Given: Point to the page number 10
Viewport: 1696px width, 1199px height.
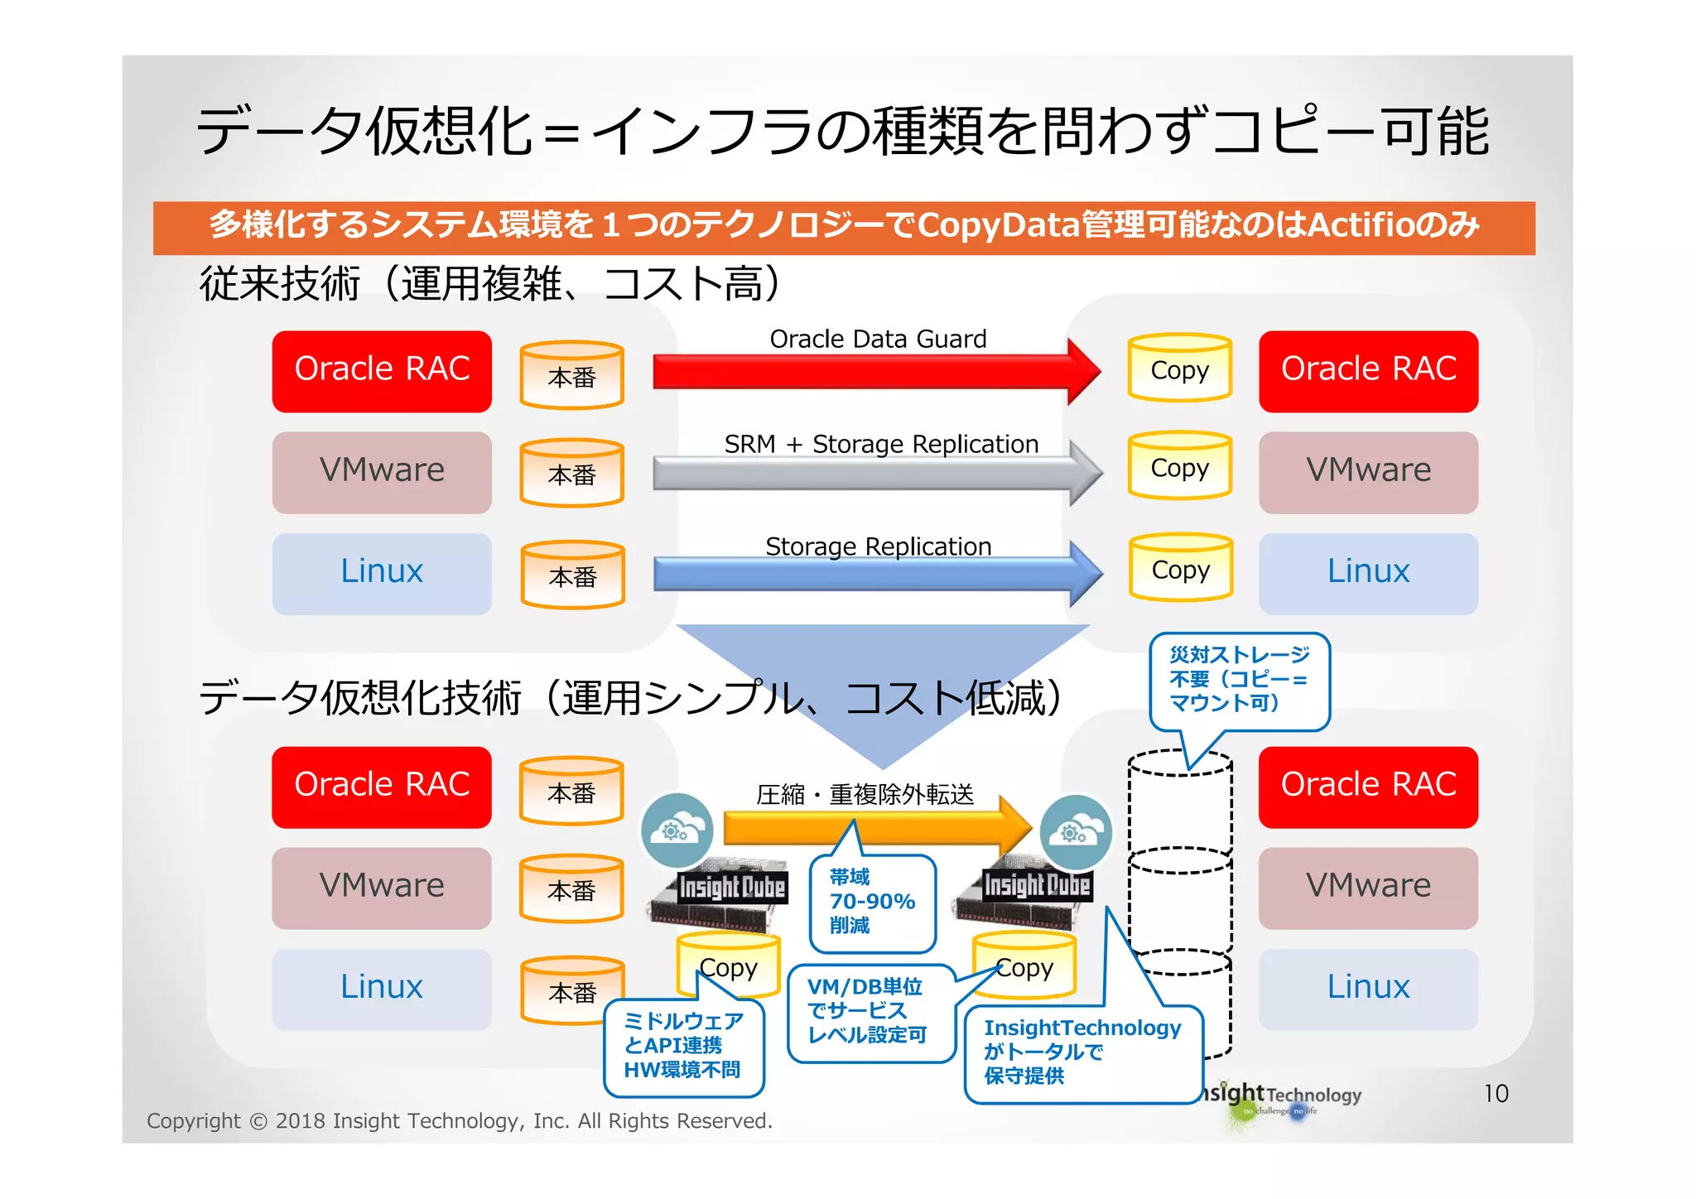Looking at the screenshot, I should click(1496, 1094).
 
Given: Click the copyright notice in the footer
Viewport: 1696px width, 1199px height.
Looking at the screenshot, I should click(460, 1121).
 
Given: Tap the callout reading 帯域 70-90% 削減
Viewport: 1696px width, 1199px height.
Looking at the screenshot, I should click(872, 903).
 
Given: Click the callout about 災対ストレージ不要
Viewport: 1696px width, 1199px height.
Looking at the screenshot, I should click(1239, 680).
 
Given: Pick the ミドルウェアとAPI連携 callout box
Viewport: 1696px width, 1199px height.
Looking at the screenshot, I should click(683, 1047).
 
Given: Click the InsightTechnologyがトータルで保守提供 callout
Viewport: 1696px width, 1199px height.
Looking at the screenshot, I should click(1082, 1053).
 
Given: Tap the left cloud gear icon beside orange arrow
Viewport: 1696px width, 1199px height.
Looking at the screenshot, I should click(677, 830).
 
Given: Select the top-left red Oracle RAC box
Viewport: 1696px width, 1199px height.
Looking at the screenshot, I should click(382, 371).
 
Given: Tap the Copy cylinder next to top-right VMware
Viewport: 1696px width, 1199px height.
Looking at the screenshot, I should click(1179, 466).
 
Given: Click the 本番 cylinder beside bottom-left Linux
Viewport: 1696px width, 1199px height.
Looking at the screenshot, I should click(572, 990).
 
